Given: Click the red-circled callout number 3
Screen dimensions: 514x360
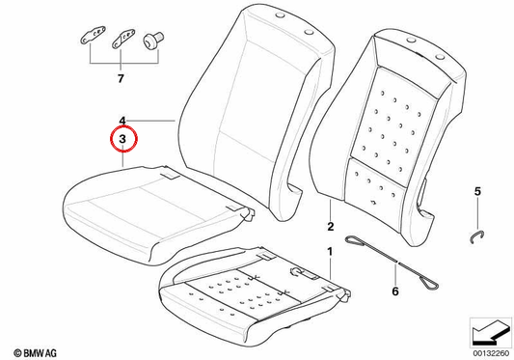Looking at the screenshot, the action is click(x=122, y=139).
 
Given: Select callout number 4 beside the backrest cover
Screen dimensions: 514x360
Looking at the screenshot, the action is click(x=122, y=121).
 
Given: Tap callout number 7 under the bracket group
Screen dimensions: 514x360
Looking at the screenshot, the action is click(x=121, y=78).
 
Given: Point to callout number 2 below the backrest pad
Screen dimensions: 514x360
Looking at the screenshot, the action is click(x=331, y=226).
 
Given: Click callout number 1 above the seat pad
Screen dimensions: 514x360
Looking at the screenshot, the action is click(x=330, y=252).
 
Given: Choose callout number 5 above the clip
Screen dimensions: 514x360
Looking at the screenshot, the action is click(x=477, y=191).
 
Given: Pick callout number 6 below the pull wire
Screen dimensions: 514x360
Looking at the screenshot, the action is click(x=395, y=291).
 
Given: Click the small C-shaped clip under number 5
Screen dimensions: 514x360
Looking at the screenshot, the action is click(x=477, y=236).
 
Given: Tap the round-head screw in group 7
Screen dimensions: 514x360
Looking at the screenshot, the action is click(x=152, y=40).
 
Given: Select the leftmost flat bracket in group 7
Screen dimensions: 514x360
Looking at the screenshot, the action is click(x=94, y=35).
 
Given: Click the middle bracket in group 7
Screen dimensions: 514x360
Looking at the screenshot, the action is click(x=123, y=38).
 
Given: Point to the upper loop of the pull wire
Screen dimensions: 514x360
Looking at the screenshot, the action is click(x=353, y=241).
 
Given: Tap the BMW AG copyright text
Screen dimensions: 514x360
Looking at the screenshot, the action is click(x=36, y=353).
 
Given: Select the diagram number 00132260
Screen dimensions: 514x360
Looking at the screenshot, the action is click(x=491, y=353).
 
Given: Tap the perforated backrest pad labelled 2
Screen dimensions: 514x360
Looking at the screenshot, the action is click(x=388, y=138).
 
